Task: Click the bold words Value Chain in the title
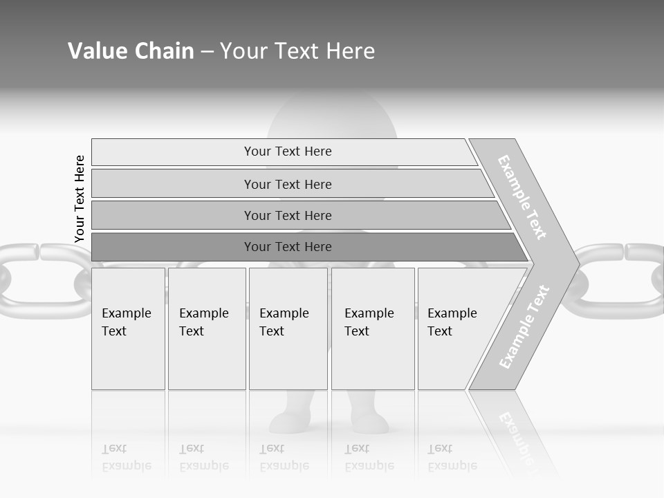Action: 131,51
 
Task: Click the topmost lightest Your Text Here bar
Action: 287,151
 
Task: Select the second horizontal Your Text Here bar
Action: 287,184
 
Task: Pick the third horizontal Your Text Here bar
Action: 287,215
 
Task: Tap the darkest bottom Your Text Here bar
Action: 287,247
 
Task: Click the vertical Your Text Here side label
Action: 80,199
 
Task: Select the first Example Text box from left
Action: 128,329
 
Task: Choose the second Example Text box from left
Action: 206,329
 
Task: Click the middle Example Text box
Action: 288,329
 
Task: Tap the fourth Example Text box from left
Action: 372,329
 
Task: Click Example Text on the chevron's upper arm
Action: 522,197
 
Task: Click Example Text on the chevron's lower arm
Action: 524,326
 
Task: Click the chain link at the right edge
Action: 622,280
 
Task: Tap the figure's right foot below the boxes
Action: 370,421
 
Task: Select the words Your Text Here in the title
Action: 297,51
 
